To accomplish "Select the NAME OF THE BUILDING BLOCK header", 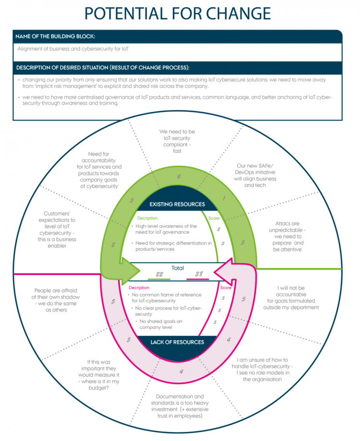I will pos(55,36).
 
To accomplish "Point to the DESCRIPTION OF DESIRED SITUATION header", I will pos(103,67).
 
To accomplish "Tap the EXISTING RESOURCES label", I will pos(178,204).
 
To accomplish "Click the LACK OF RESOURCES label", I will pos(178,342).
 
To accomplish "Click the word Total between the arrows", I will pos(178,268).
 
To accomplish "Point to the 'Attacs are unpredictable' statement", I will pos(288,236).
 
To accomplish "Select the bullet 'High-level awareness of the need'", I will pos(166,229).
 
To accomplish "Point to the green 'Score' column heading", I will pos(215,217).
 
